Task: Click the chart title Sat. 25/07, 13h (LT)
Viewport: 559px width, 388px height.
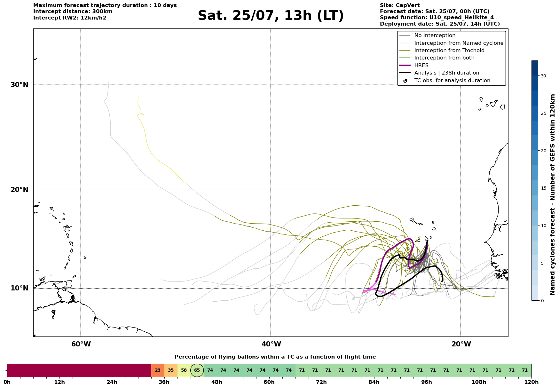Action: point(271,16)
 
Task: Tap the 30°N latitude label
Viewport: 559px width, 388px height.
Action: point(20,85)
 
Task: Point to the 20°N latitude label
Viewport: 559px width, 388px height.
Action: point(20,190)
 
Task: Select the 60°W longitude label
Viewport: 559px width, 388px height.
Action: point(81,344)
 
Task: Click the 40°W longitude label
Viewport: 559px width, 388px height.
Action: point(271,344)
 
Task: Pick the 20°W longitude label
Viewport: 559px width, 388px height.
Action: point(461,344)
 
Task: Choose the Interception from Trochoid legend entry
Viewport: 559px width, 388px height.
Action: point(442,51)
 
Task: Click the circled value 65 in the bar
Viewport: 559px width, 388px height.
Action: point(197,370)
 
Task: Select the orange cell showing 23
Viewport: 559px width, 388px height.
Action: point(158,370)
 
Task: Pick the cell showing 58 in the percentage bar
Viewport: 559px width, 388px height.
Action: point(184,370)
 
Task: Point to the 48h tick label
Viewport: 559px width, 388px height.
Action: point(217,382)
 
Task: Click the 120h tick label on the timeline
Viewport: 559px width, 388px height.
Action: point(531,382)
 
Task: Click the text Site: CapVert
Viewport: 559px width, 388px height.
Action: point(400,5)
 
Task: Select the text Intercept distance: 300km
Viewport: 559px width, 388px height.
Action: point(73,12)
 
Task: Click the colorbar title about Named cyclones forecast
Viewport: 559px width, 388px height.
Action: point(553,194)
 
